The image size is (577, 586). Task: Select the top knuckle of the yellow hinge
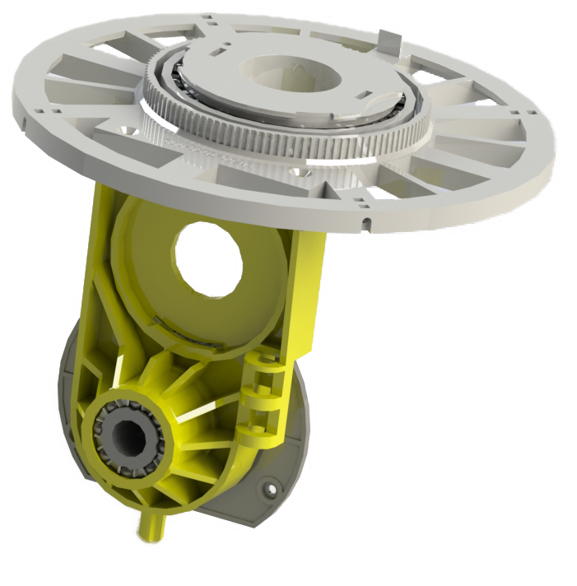265,363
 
